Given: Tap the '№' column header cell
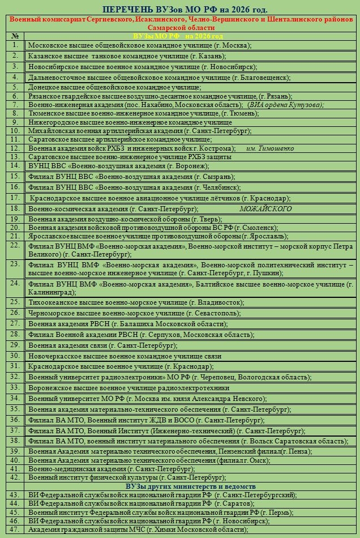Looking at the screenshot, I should (15, 36).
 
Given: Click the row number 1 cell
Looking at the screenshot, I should (15, 44).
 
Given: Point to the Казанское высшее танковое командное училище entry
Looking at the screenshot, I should (127, 56).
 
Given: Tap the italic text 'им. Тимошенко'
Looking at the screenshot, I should (270, 148).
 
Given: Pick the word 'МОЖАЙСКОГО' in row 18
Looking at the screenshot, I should (265, 208).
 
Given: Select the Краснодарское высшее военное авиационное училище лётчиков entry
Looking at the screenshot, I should (160, 198).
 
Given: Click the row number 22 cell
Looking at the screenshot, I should (15, 245).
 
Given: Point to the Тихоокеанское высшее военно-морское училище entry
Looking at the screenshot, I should (136, 302).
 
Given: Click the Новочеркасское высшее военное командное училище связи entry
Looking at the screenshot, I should (125, 356).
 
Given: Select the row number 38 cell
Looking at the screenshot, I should (15, 440).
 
